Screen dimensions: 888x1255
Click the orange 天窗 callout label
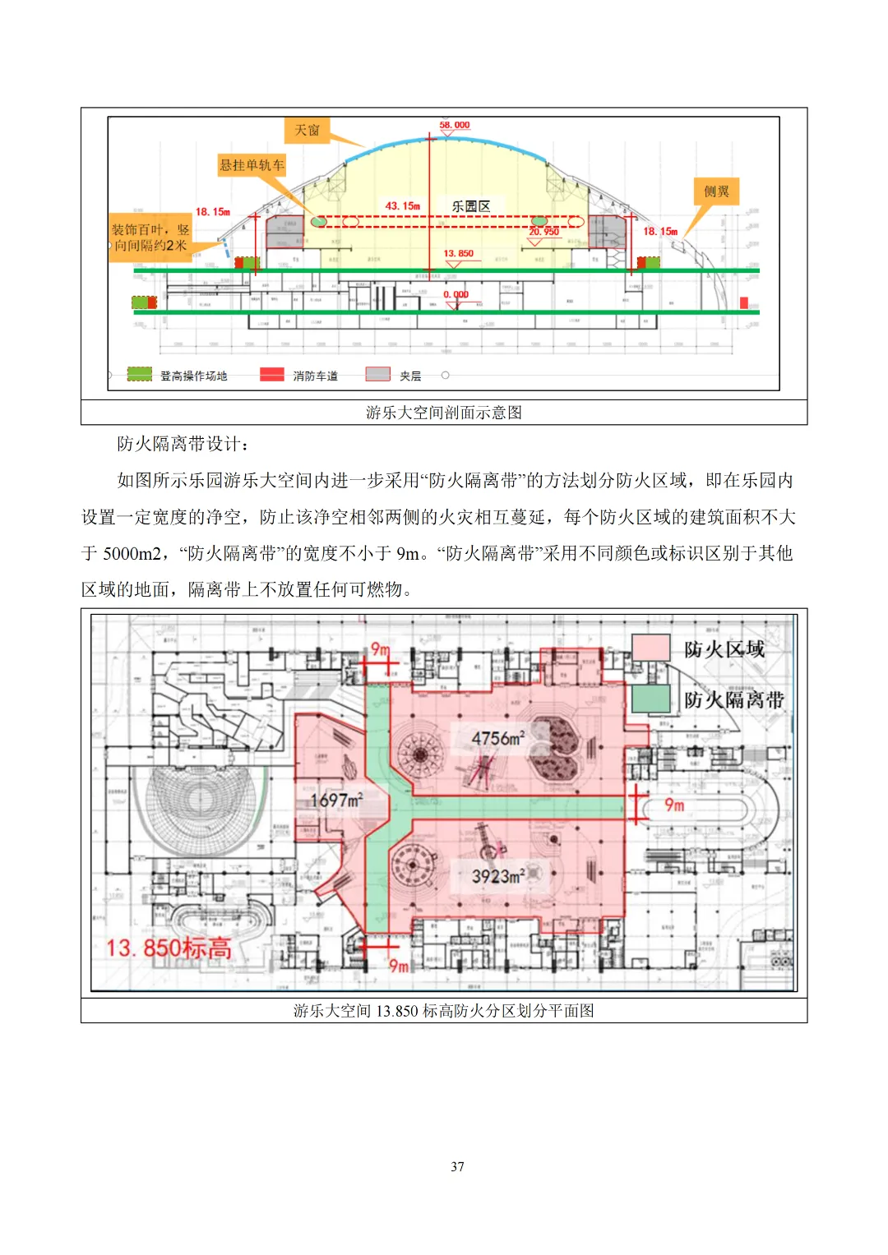click(x=307, y=130)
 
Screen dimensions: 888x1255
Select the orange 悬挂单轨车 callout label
click(x=252, y=165)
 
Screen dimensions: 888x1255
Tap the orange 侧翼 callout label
click(x=716, y=191)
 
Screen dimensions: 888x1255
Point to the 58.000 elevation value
click(x=455, y=126)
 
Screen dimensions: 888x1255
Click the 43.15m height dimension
click(x=403, y=206)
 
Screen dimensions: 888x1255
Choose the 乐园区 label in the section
click(x=471, y=206)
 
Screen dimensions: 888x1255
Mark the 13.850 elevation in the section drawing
click(x=459, y=254)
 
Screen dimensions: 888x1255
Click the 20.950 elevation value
click(x=543, y=232)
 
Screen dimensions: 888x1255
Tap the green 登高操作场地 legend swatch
click(x=140, y=375)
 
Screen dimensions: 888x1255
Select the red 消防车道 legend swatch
click(x=272, y=375)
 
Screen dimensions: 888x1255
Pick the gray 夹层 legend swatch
click(x=377, y=375)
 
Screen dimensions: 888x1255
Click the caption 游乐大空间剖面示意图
click(x=444, y=413)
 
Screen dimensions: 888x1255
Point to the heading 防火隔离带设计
click(x=183, y=445)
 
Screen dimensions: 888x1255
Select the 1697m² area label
click(x=336, y=800)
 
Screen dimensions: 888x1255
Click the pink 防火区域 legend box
click(x=651, y=648)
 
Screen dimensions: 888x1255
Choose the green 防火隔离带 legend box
click(x=651, y=699)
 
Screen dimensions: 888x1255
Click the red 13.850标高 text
click(x=169, y=948)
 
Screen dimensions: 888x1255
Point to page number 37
click(x=457, y=1166)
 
